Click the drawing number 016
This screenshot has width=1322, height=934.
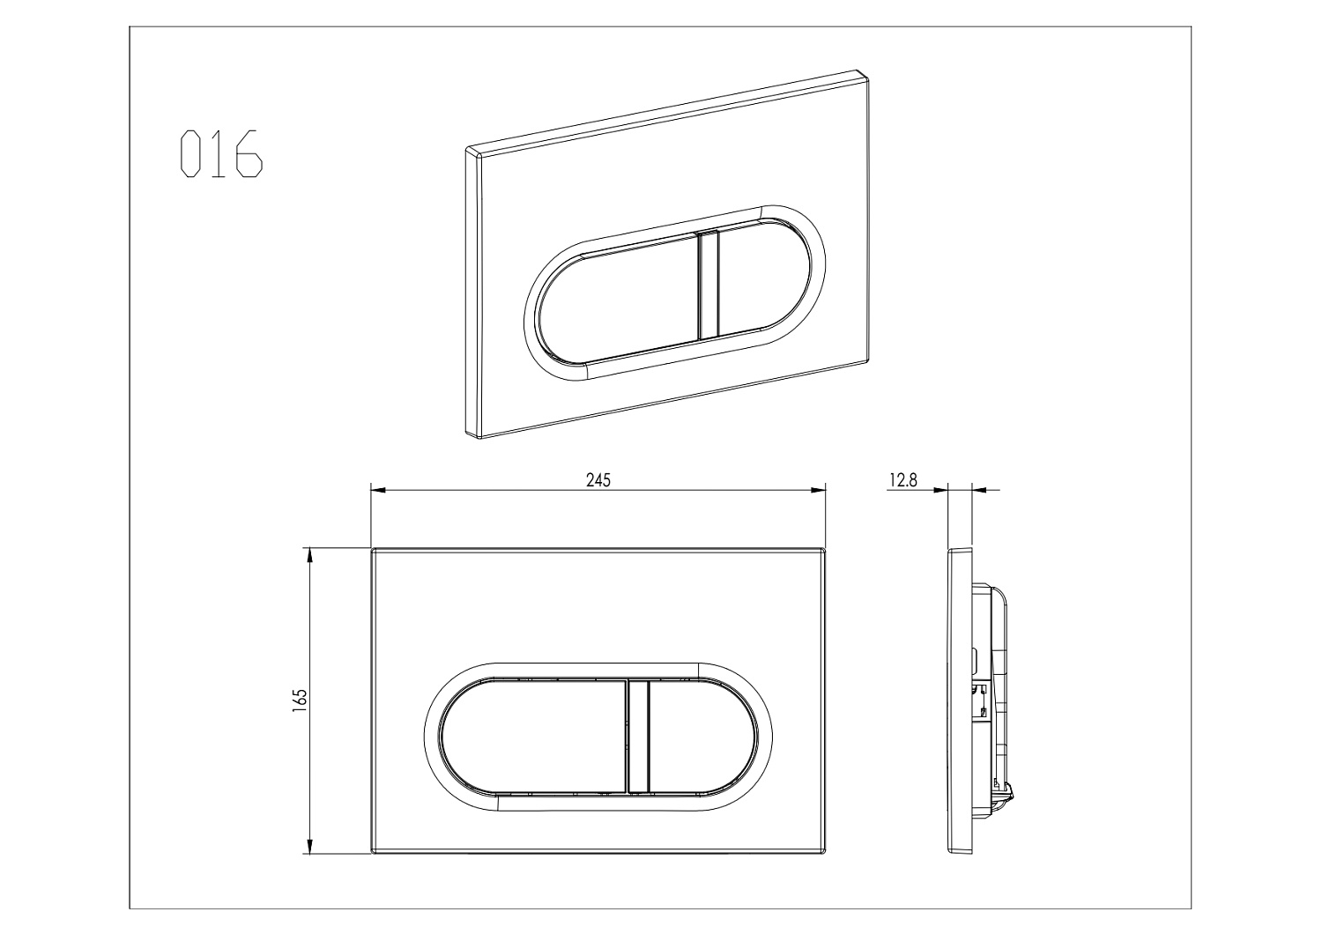pyautogui.click(x=221, y=154)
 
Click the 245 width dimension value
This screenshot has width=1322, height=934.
pyautogui.click(x=598, y=480)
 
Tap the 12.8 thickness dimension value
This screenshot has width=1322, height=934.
pyautogui.click(x=903, y=480)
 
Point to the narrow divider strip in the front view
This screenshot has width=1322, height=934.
pyautogui.click(x=637, y=736)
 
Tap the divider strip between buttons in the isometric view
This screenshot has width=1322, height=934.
pyautogui.click(x=709, y=285)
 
